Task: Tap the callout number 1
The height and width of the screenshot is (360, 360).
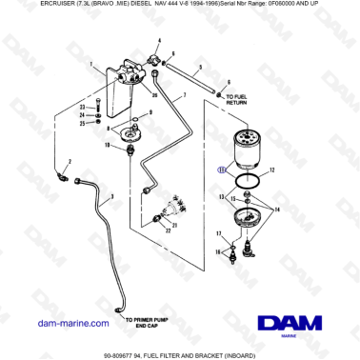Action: pyautogui.click(x=91, y=65)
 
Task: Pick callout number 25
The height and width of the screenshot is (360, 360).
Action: pyautogui.click(x=83, y=123)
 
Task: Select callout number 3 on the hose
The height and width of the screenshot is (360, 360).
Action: pyautogui.click(x=112, y=196)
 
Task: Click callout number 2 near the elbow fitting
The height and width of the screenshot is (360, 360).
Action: pyautogui.click(x=69, y=163)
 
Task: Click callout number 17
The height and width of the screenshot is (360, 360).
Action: pyautogui.click(x=218, y=233)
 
